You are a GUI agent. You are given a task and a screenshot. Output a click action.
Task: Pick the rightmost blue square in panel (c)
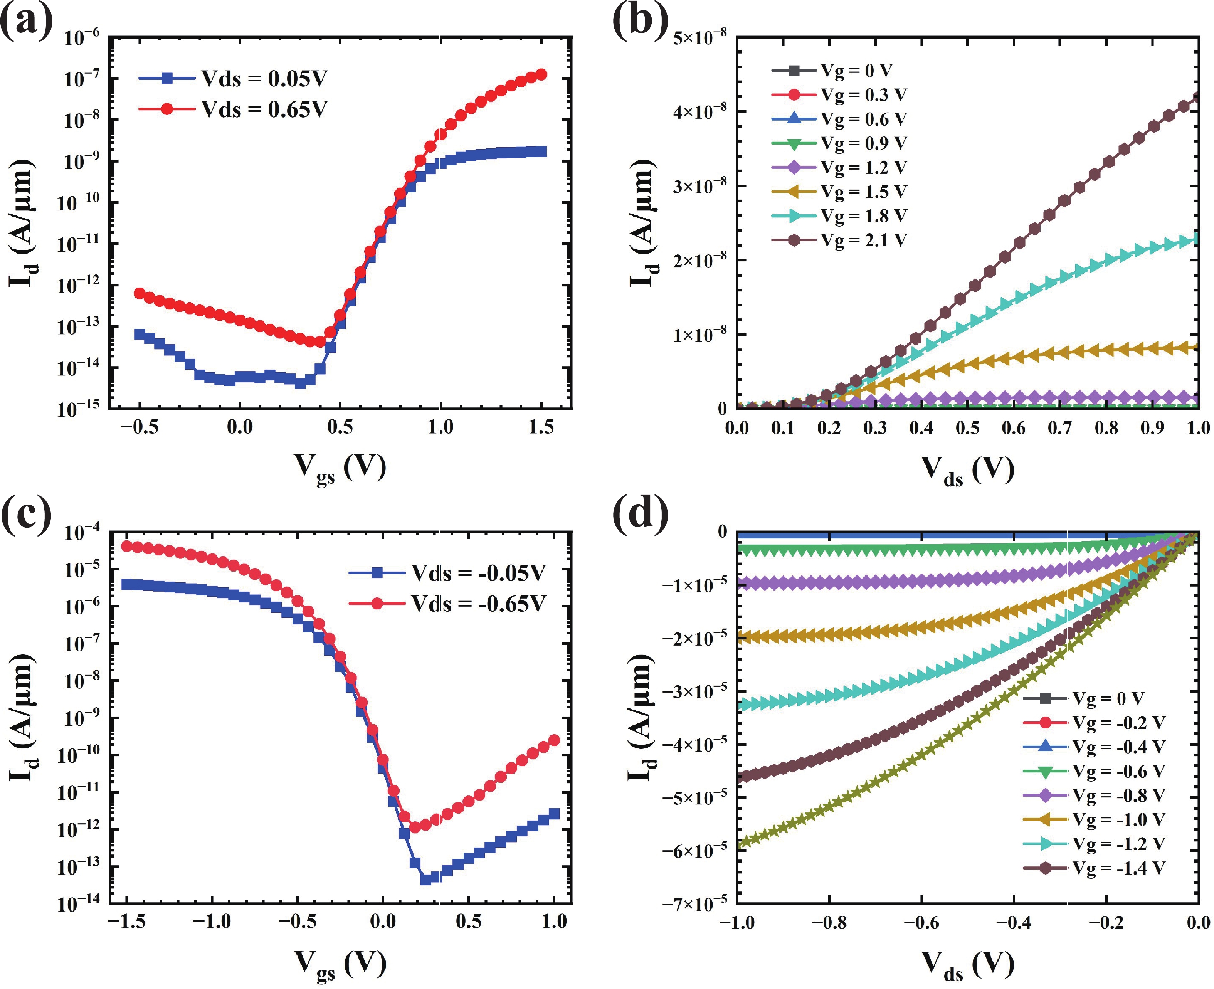pyautogui.click(x=553, y=814)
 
